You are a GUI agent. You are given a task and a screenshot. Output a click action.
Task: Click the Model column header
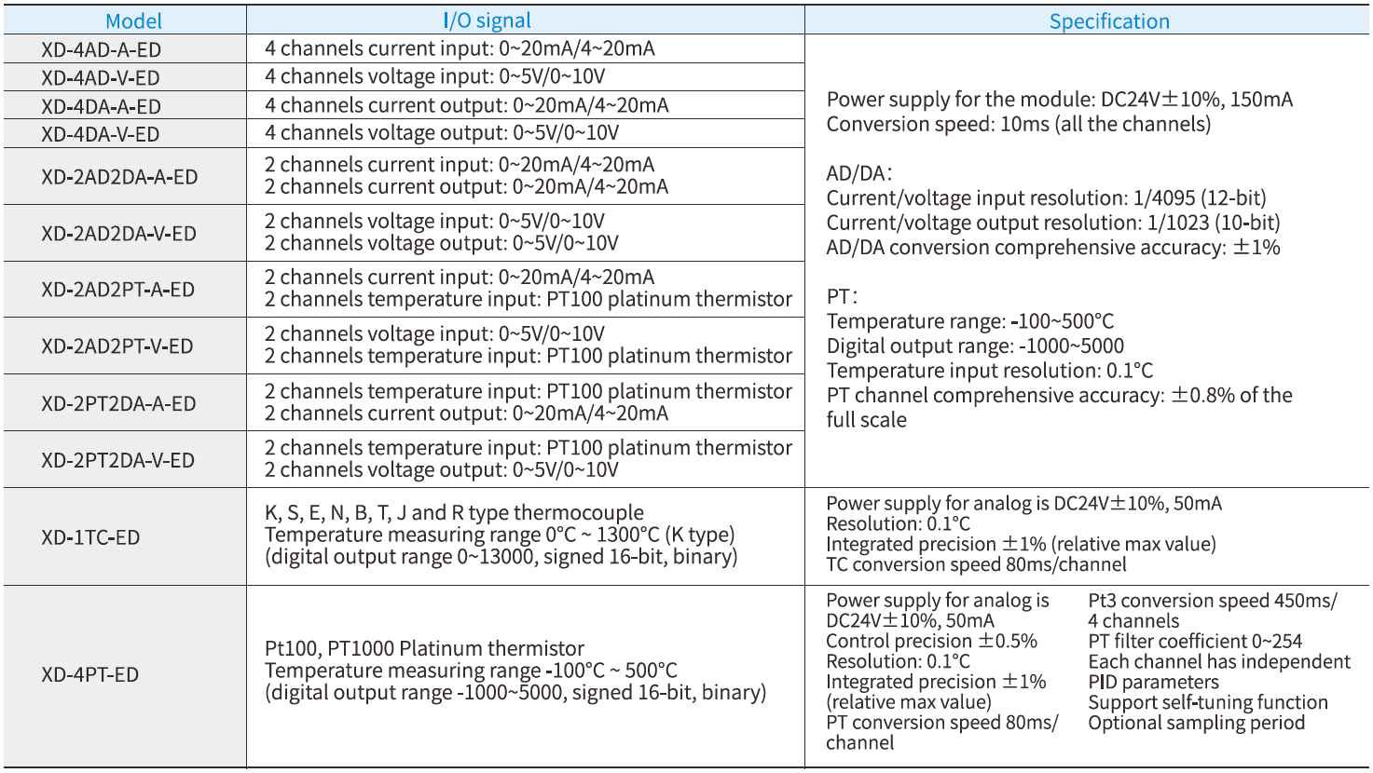click(x=133, y=20)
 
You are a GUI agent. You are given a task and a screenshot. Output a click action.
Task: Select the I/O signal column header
click(x=487, y=20)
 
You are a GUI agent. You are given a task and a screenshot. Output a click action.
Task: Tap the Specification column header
click(x=1108, y=21)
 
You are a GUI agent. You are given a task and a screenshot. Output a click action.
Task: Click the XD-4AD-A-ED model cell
click(x=101, y=49)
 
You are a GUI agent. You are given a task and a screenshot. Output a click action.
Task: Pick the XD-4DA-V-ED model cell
click(x=100, y=134)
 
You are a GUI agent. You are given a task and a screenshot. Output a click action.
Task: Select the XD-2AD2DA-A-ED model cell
click(x=119, y=177)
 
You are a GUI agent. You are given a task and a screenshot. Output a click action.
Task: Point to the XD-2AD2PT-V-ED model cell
click(x=117, y=346)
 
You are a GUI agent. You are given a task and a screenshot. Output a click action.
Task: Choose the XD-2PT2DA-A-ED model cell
click(x=118, y=404)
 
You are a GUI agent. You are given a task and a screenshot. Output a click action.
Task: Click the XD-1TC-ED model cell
click(x=90, y=537)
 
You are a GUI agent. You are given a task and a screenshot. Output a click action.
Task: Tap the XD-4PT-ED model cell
click(x=89, y=674)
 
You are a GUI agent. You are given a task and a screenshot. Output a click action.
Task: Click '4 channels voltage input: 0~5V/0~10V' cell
click(x=434, y=76)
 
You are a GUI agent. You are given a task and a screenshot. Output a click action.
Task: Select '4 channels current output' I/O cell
click(x=466, y=105)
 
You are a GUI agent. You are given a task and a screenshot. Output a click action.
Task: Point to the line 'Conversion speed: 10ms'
click(x=1018, y=125)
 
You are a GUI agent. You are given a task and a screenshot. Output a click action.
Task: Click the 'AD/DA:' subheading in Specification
click(x=858, y=173)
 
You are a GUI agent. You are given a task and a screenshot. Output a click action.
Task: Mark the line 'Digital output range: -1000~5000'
click(x=975, y=346)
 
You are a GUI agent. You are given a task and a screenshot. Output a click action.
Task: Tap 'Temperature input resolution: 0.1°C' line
click(x=989, y=371)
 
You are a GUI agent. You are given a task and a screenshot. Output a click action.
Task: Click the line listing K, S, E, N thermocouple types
click(x=454, y=513)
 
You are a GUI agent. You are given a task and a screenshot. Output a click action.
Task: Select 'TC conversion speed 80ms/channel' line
click(x=976, y=564)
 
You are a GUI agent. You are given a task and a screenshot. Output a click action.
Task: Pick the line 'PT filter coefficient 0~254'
click(x=1195, y=641)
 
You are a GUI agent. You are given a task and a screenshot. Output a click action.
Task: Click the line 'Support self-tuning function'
click(x=1208, y=702)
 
